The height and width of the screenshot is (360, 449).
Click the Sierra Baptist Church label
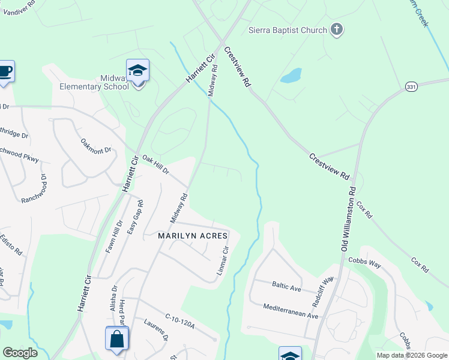(288, 30)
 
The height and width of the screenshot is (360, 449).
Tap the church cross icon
(337, 29)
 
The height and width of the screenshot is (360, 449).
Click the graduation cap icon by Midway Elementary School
(138, 71)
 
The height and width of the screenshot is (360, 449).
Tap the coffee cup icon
(5, 71)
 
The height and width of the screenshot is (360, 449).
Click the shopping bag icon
(116, 339)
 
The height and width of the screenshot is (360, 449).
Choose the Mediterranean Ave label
(291, 310)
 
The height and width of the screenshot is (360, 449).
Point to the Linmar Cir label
(223, 262)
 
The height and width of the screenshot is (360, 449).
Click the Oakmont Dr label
(96, 146)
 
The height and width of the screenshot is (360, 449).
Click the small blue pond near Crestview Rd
(291, 75)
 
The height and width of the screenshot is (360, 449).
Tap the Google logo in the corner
(20, 353)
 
